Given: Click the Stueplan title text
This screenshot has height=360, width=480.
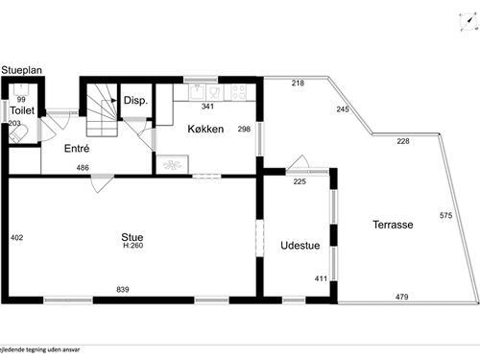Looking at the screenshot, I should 20,70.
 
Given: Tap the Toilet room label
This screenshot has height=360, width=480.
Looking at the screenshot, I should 22,111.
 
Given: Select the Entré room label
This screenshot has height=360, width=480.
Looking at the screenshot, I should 77,149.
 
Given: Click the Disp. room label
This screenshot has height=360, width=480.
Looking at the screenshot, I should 133,101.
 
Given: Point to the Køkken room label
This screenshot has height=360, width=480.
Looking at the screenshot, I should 206,129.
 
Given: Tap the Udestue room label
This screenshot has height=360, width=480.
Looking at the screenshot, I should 299,246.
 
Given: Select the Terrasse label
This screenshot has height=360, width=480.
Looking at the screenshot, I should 393,225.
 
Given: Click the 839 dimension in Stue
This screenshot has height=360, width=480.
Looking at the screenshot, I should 123,290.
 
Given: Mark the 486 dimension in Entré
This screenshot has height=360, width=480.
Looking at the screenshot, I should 84,168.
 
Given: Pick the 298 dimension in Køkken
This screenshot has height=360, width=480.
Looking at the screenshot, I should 244,129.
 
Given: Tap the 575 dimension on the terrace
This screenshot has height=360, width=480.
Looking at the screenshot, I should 445,215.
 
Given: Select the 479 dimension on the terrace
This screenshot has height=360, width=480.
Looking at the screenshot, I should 401,297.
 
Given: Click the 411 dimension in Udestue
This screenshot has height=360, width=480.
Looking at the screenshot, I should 320,279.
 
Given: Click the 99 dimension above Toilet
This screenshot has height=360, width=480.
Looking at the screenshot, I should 21,99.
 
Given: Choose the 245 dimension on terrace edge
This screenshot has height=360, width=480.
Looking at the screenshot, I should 343,109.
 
